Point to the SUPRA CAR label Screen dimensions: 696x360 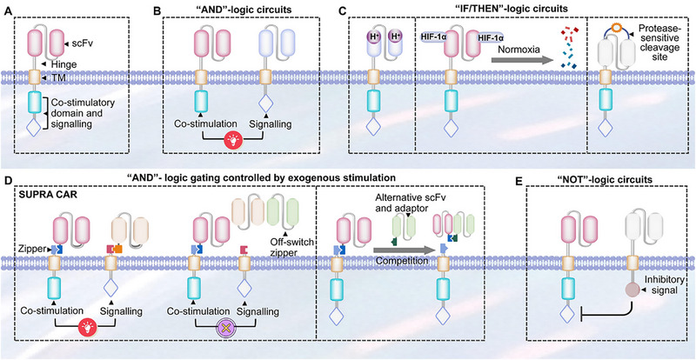(x=41, y=195)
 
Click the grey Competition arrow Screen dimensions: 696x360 (x=403, y=250)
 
